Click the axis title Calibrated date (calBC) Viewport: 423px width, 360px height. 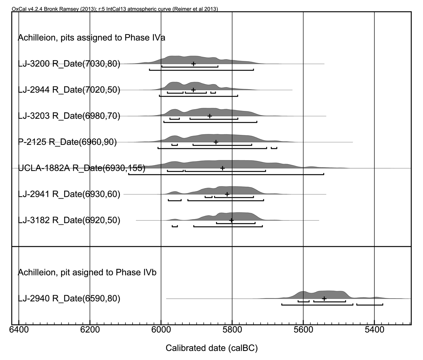[211, 348]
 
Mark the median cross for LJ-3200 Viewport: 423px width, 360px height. [193, 64]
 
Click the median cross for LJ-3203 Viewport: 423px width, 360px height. [210, 116]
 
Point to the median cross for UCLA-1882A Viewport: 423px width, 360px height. [222, 168]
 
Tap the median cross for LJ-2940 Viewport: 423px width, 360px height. [324, 299]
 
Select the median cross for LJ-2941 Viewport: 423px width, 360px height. [227, 194]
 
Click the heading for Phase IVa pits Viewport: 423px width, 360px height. [91, 38]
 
